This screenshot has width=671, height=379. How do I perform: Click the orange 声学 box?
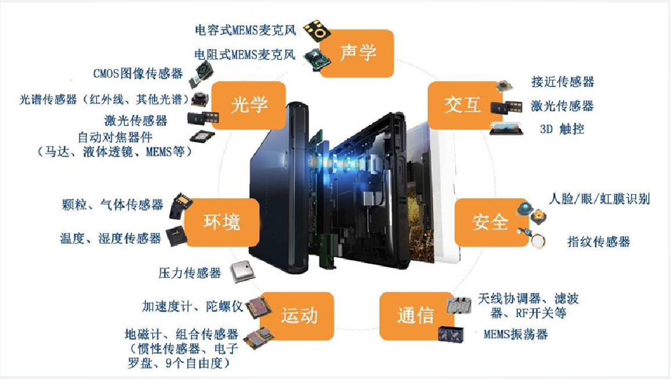[x=356, y=53]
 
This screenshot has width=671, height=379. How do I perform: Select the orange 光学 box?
[x=249, y=105]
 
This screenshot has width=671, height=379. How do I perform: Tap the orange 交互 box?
[x=462, y=105]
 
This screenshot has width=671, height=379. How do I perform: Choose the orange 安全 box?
[x=490, y=222]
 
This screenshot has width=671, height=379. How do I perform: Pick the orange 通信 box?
[x=415, y=316]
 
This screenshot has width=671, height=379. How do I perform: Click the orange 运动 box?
[x=298, y=316]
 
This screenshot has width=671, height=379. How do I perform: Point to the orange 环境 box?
[x=222, y=222]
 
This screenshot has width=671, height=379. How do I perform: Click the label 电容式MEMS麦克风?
[x=245, y=30]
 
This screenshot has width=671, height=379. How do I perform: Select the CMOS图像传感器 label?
[x=138, y=74]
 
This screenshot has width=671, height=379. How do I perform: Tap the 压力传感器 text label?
[x=189, y=273]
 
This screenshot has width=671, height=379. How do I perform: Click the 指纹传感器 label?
[x=599, y=241]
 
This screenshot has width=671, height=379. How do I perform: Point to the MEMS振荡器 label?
[x=516, y=334]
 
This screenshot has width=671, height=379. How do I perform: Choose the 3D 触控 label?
[x=562, y=129]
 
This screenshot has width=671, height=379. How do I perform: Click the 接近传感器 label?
[x=563, y=82]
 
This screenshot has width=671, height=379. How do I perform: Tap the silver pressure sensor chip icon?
[x=243, y=271]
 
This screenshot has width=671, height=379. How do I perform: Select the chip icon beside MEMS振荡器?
[x=451, y=334]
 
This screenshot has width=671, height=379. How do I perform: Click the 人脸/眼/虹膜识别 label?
[x=599, y=199]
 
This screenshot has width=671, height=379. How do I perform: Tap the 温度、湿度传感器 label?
[x=110, y=239]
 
